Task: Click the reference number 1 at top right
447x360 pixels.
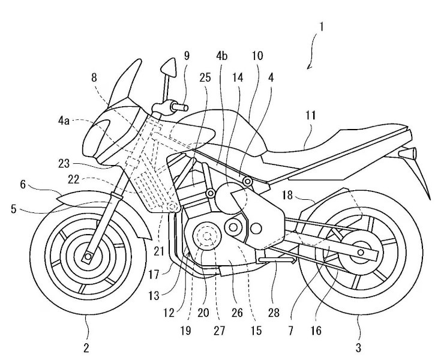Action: (322, 27)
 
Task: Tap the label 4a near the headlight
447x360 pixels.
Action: (64, 121)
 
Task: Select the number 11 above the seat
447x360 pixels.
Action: (310, 115)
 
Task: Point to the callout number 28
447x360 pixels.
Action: (274, 313)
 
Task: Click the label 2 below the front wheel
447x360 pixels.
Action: (86, 348)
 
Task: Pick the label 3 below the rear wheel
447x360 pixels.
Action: (358, 348)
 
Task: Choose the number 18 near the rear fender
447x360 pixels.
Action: (287, 196)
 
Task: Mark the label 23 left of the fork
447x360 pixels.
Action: (64, 164)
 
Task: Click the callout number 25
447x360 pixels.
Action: (205, 77)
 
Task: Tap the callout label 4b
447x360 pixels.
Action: (222, 56)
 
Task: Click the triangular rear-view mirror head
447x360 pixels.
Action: (169, 68)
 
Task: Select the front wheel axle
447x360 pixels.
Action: (88, 257)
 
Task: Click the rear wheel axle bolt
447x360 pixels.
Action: (361, 253)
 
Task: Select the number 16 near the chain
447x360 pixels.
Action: (316, 331)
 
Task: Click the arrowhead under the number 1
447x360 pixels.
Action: (308, 67)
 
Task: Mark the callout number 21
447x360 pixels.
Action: (158, 251)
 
